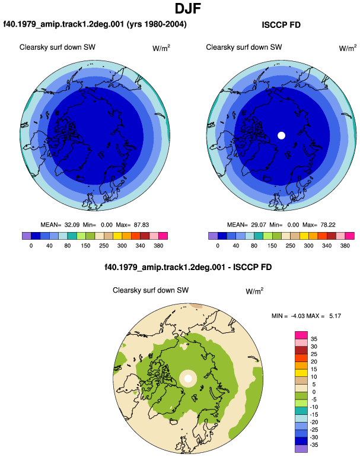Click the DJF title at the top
[188, 9]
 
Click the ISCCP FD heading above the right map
[281, 25]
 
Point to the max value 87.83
[141, 225]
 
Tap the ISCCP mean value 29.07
[259, 225]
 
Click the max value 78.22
[327, 225]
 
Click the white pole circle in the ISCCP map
[281, 135]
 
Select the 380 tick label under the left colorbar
[158, 246]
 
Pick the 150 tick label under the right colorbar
[272, 246]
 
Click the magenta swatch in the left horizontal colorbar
[163, 236]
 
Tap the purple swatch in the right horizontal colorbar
[213, 236]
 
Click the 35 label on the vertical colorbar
[314, 339]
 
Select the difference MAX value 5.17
[335, 316]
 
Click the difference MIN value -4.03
[297, 316]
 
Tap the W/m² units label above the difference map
[254, 291]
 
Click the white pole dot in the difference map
[188, 379]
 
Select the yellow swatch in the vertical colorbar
[301, 373]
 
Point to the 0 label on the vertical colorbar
[314, 392]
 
